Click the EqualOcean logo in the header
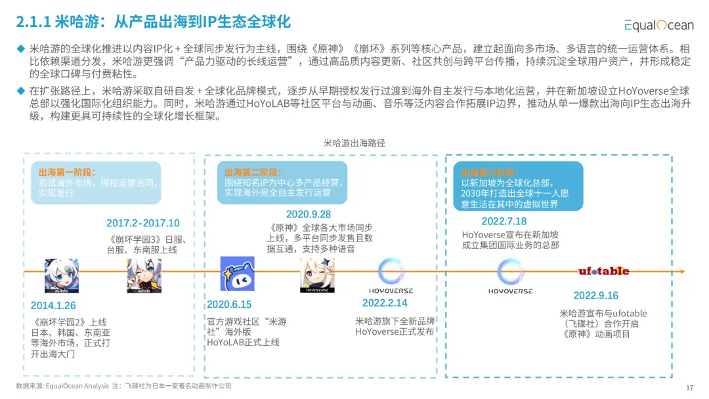(x=658, y=25)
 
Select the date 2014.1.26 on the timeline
(x=53, y=305)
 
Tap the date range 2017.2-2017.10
(x=142, y=223)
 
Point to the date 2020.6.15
(x=229, y=304)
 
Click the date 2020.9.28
(x=308, y=215)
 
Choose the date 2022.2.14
(x=385, y=303)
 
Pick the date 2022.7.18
(x=504, y=221)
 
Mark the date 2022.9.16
(x=595, y=295)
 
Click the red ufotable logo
(x=603, y=271)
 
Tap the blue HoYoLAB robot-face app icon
(x=238, y=273)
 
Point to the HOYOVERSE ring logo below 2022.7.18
(x=510, y=272)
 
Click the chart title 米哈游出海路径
(x=354, y=142)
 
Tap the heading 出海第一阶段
(x=67, y=172)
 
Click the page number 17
(x=689, y=387)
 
